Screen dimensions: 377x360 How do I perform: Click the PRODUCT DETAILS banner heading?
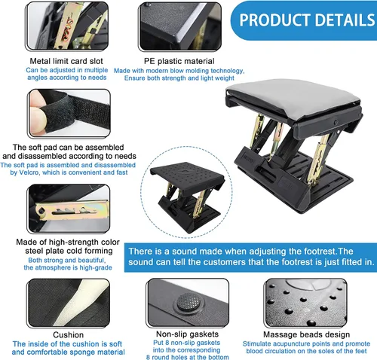click(x=307, y=20)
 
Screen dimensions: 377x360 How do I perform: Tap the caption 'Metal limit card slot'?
click(x=66, y=61)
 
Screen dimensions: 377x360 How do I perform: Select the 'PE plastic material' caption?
click(x=179, y=61)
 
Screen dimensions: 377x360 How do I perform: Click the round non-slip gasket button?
click(x=188, y=302)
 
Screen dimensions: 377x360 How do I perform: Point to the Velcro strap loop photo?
click(x=69, y=114)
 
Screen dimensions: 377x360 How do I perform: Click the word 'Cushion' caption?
click(x=68, y=334)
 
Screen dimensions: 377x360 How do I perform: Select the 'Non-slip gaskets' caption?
click(x=187, y=334)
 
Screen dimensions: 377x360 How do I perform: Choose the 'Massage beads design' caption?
click(x=306, y=334)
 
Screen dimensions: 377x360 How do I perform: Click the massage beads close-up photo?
click(x=305, y=303)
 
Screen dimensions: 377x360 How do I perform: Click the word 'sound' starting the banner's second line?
click(x=140, y=262)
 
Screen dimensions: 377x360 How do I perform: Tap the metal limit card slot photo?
click(x=67, y=26)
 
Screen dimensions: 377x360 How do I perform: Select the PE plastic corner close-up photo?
click(x=180, y=27)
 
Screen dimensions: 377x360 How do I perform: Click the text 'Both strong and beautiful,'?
click(x=67, y=260)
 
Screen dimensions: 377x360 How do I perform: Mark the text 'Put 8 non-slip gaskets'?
click(x=186, y=343)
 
